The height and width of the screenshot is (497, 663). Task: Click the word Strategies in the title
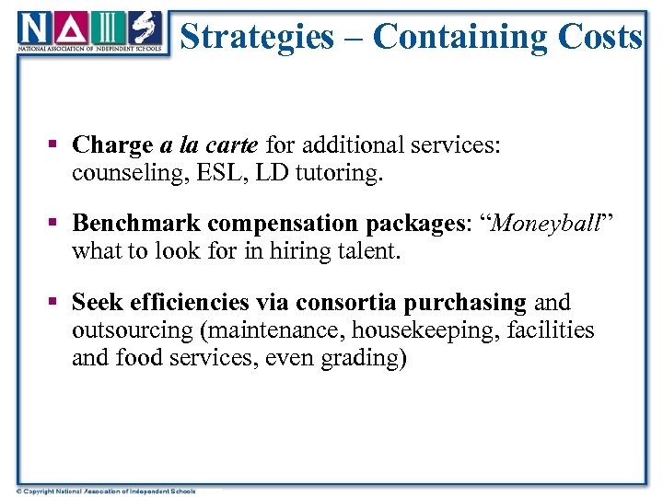coord(257,37)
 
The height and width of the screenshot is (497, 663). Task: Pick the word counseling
coord(121,173)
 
